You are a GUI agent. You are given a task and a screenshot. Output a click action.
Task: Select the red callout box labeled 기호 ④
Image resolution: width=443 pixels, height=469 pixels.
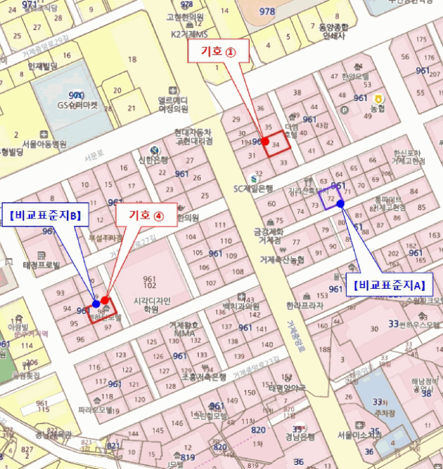tap(145, 215)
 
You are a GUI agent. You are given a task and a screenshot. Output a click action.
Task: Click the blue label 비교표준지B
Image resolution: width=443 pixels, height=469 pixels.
tap(45, 215)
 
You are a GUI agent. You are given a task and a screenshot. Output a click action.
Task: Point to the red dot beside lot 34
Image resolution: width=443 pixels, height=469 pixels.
tap(266, 142)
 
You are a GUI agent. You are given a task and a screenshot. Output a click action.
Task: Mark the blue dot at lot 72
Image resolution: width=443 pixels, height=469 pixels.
tap(341, 203)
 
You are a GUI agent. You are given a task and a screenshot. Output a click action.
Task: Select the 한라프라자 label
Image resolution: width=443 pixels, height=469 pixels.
tap(304, 306)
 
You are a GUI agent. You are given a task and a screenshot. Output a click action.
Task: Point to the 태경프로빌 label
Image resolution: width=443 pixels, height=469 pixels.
tap(41, 265)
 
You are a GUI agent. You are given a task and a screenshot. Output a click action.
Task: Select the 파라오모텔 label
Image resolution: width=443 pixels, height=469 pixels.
tap(94, 409)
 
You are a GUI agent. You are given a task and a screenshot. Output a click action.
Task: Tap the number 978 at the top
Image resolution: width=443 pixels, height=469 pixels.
tap(267, 11)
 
